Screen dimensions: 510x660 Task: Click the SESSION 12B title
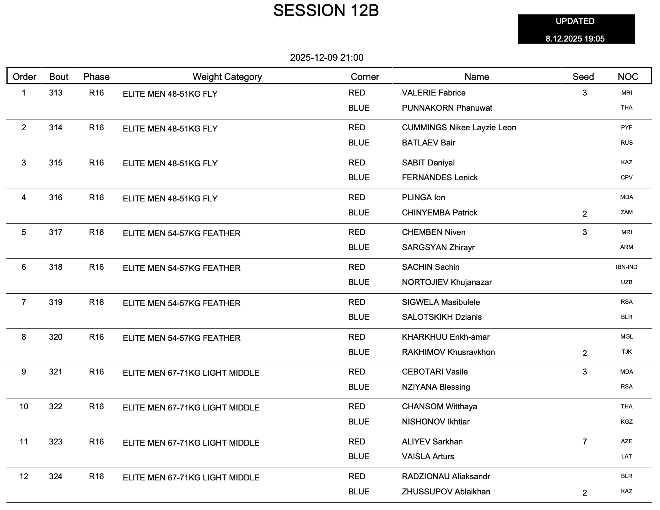[x=326, y=11]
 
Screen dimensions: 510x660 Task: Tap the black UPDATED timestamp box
[x=576, y=30]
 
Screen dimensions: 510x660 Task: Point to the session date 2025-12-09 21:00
[x=326, y=58]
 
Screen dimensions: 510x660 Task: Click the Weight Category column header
[x=227, y=77]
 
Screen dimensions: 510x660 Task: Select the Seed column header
[x=583, y=77]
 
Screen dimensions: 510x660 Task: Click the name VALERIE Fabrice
[x=434, y=93]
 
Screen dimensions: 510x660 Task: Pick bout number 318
[x=56, y=267]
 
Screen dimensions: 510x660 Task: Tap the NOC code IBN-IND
[x=626, y=267]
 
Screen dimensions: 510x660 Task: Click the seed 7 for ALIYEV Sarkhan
[x=584, y=442]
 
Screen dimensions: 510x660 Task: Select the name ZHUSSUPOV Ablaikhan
[x=446, y=492]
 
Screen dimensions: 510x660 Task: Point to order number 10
[x=24, y=407]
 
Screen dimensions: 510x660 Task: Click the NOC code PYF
[x=626, y=128]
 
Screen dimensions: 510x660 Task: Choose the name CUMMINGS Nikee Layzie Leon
[x=459, y=128]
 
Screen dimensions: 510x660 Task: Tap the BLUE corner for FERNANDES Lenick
[x=359, y=178]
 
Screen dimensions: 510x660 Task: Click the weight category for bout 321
[x=191, y=373]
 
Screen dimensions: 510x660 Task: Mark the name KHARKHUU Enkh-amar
[x=446, y=337]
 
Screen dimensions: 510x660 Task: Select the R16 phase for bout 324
[x=96, y=477]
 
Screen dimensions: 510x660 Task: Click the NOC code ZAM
[x=626, y=213]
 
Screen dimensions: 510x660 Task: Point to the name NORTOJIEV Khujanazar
[x=447, y=283]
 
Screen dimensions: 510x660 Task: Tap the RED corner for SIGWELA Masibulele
[x=357, y=303]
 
